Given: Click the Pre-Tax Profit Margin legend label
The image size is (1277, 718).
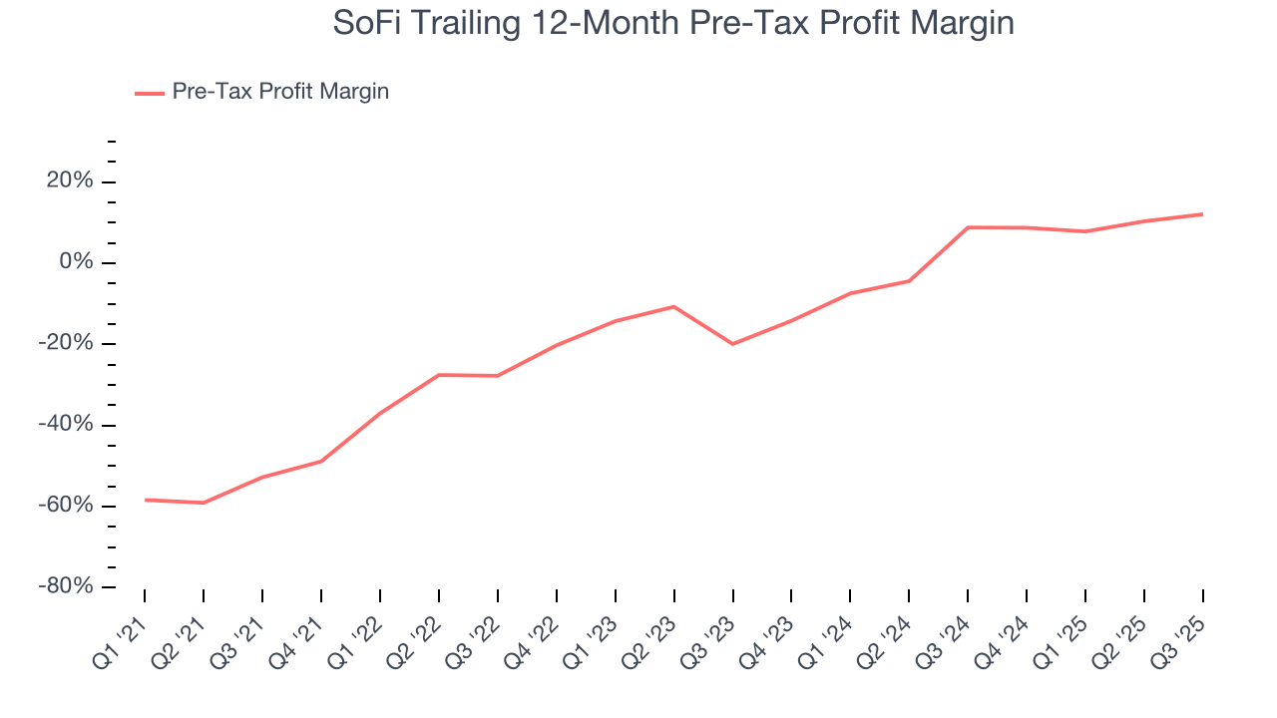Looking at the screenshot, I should tap(280, 92).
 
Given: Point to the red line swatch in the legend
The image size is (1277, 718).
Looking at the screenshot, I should tap(150, 93).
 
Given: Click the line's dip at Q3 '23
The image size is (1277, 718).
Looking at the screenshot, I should tap(732, 344).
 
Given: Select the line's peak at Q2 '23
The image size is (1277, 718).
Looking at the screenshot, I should tap(674, 306).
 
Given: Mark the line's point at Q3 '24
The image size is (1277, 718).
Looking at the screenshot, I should tap(968, 227).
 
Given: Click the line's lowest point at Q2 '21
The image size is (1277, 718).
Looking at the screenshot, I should tap(204, 503).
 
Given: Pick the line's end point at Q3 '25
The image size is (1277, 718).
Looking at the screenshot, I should tap(1202, 213).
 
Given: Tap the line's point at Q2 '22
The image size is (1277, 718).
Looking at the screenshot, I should tap(439, 375).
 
